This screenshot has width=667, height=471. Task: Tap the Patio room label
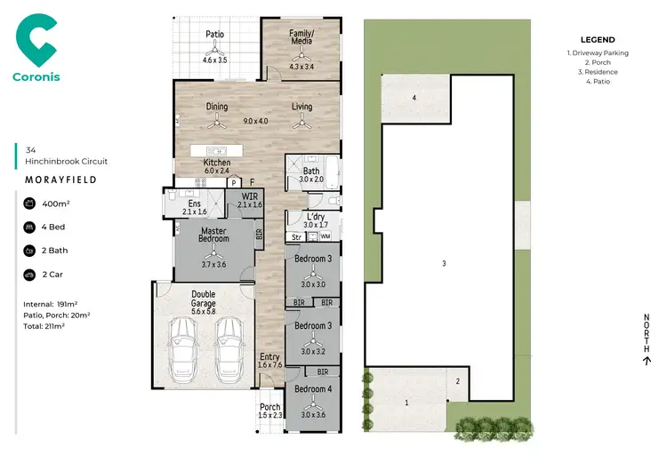(x=214, y=35)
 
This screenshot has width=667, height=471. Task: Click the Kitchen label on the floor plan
(x=217, y=164)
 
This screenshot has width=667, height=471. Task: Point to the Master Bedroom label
(x=213, y=234)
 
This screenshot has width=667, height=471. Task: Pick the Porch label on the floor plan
(x=269, y=408)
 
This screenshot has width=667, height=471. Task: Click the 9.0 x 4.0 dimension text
(x=257, y=121)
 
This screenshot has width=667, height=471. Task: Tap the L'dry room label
(x=315, y=217)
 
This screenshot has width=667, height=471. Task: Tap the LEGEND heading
(x=597, y=40)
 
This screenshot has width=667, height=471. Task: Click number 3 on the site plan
(x=443, y=263)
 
